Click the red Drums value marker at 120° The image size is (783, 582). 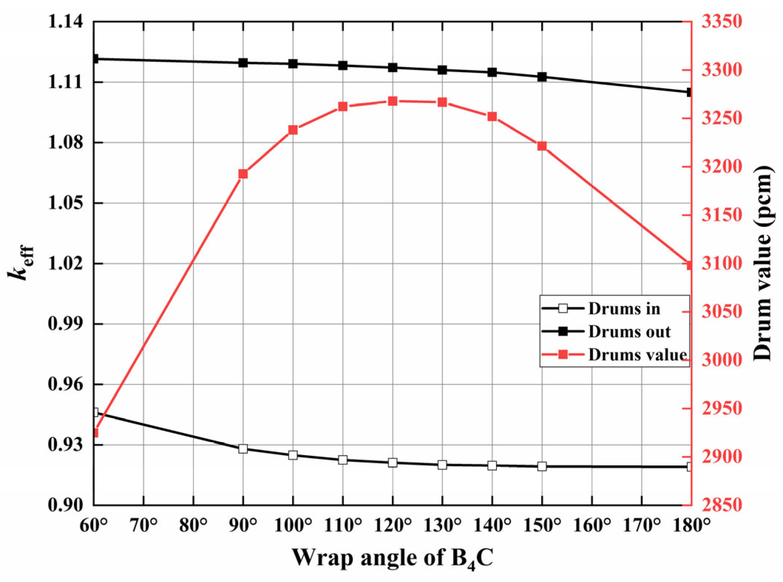[x=392, y=101]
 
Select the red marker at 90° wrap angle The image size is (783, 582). [x=243, y=174]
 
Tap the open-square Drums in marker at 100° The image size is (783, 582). [x=293, y=455]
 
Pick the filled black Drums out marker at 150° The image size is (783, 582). [x=542, y=77]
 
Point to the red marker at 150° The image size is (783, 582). [x=542, y=146]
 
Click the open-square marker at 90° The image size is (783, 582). [x=243, y=449]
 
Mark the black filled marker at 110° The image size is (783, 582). [x=343, y=66]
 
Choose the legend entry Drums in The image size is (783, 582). [x=624, y=309]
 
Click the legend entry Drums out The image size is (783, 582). [x=629, y=332]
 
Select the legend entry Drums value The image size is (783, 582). [x=637, y=355]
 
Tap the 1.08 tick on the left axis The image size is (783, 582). [x=65, y=143]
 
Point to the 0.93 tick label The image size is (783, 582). [x=65, y=445]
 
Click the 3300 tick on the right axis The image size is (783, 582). [x=722, y=70]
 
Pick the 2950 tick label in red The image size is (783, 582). [x=722, y=409]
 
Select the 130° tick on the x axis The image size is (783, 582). [x=442, y=525]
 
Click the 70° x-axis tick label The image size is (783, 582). [x=144, y=525]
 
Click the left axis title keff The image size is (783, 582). [x=21, y=262]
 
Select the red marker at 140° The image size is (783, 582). [x=492, y=117]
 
